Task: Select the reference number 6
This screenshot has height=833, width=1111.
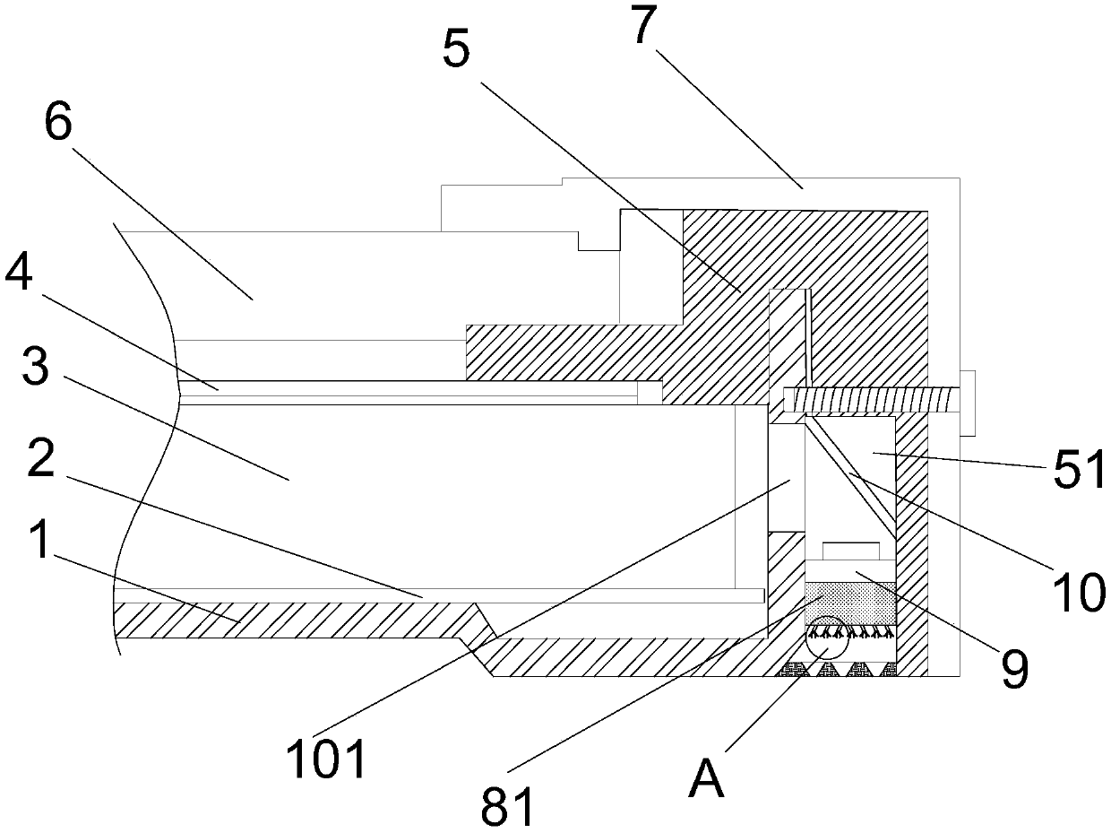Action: click(58, 125)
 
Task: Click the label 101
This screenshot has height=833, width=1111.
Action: click(326, 759)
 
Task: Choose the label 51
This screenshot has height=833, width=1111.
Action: click(1079, 473)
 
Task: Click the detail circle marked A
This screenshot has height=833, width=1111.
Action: click(825, 638)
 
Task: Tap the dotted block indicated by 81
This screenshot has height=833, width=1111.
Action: click(850, 603)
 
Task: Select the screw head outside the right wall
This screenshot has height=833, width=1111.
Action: click(967, 403)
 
